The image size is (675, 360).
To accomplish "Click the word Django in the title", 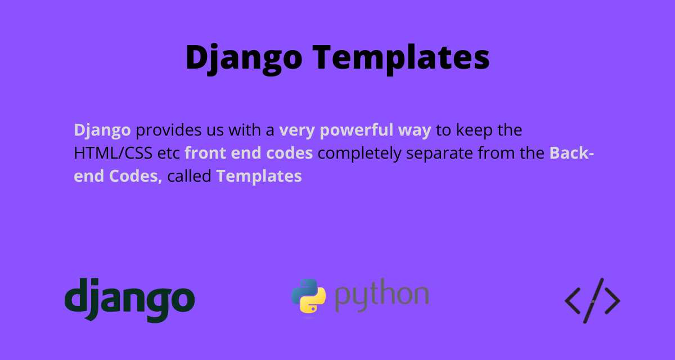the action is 244,58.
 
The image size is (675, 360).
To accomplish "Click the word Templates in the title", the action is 400,58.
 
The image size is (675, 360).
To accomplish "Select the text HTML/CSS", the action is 113,153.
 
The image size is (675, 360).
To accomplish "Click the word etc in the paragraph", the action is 168,154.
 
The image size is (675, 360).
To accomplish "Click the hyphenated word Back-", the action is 571,153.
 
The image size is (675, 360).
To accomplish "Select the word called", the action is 189,175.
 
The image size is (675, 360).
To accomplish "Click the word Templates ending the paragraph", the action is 259,177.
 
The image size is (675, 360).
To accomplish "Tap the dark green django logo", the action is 130,300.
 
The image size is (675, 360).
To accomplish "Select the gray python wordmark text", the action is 382,295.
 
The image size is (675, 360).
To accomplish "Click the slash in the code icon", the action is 593,300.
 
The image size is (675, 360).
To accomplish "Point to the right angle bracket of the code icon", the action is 613,301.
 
